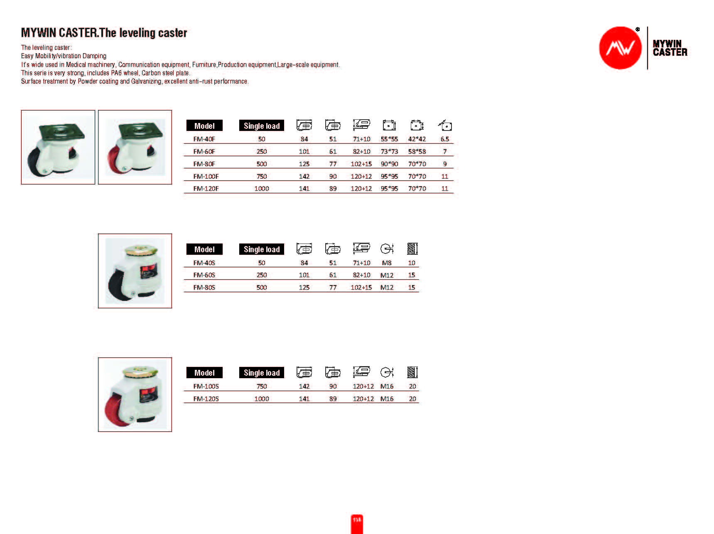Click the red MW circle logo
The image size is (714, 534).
tap(620, 48)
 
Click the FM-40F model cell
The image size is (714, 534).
tap(204, 139)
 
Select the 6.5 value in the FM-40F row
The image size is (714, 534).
tap(444, 139)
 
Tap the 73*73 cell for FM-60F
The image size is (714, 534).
tap(389, 152)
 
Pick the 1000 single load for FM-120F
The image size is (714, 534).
tap(262, 189)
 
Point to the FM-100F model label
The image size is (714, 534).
tap(206, 176)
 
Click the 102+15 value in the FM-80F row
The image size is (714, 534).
tap(361, 164)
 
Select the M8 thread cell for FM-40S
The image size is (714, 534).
tap(387, 263)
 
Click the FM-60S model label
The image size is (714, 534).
tap(204, 275)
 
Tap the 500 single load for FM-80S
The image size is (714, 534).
tap(262, 288)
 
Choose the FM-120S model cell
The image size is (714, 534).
tap(206, 399)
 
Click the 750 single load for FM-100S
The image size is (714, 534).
tap(262, 386)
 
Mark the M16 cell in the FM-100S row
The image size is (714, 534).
tap(387, 386)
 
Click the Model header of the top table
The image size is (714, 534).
tap(204, 126)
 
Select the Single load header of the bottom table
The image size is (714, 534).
tap(262, 373)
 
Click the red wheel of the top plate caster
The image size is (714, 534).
tap(114, 160)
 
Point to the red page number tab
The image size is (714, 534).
tap(357, 523)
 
